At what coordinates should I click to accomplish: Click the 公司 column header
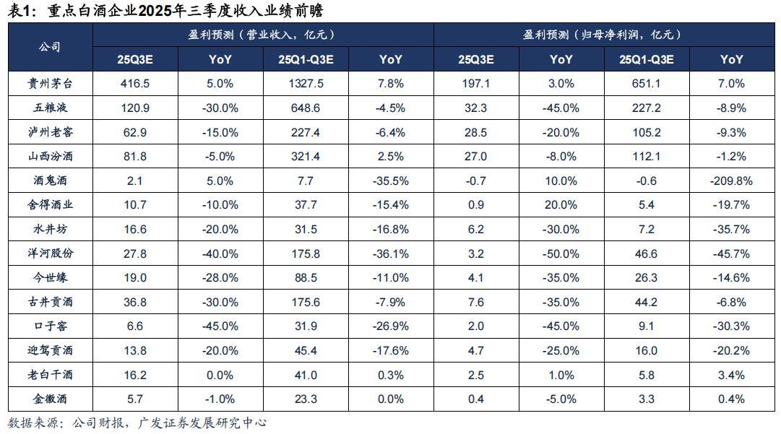(49, 47)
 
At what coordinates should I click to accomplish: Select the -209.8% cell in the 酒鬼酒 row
(731, 181)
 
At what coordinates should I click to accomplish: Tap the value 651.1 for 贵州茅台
(648, 84)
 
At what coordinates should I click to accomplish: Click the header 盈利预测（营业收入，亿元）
(262, 35)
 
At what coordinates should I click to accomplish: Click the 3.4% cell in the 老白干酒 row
(731, 375)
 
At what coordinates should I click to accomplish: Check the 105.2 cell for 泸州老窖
(648, 132)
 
